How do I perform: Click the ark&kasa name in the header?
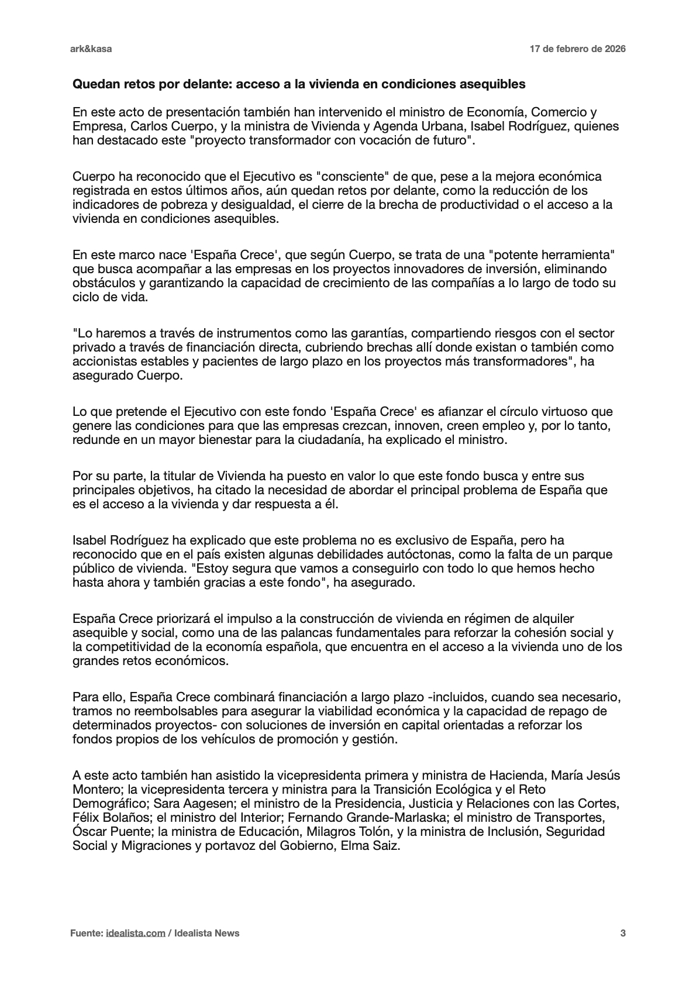[91, 49]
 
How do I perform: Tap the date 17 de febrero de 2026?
[577, 49]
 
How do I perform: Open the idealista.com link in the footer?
[136, 934]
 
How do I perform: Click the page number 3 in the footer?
[623, 934]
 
